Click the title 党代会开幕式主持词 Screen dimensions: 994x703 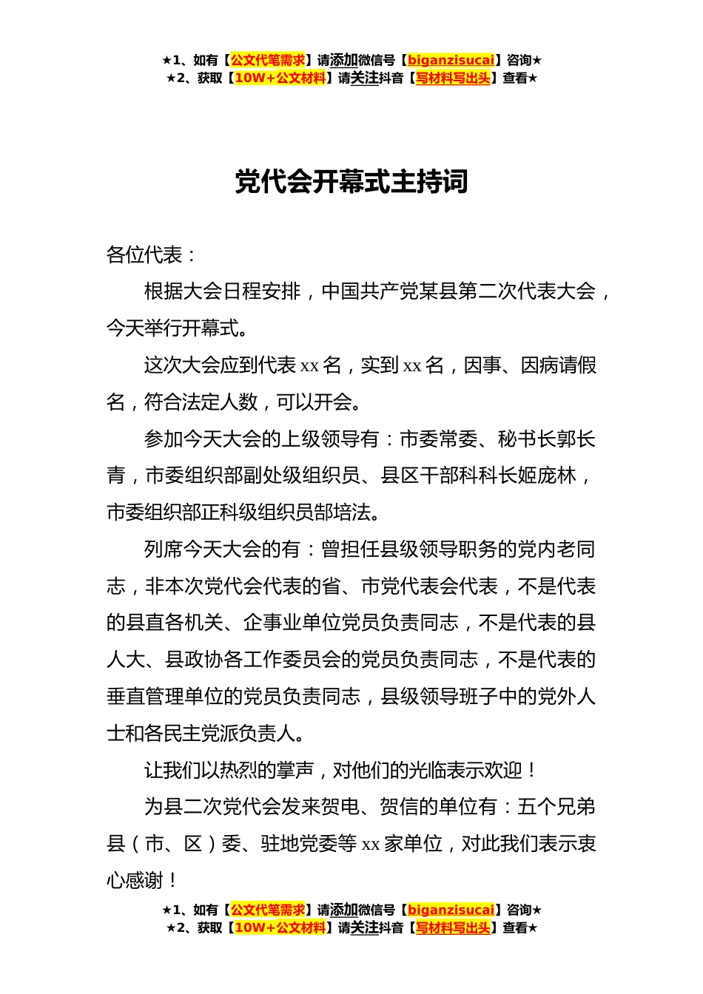pos(351,182)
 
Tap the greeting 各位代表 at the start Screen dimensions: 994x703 pos(144,255)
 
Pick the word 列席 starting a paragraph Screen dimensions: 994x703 pos(163,550)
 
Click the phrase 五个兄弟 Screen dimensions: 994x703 pos(556,807)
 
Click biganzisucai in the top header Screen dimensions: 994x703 pos(451,61)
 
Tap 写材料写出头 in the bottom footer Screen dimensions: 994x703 pos(453,927)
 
